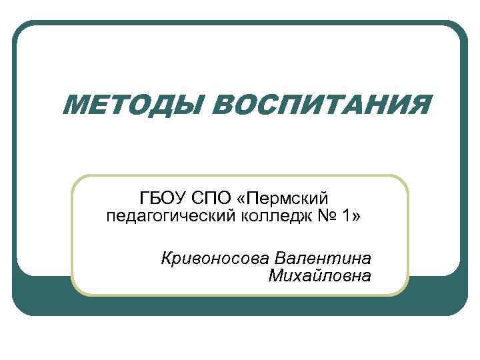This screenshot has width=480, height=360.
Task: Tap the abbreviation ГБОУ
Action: [x=161, y=198]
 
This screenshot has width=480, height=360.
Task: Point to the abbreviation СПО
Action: [x=208, y=198]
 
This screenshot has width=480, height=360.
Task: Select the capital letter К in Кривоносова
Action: [x=167, y=258]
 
